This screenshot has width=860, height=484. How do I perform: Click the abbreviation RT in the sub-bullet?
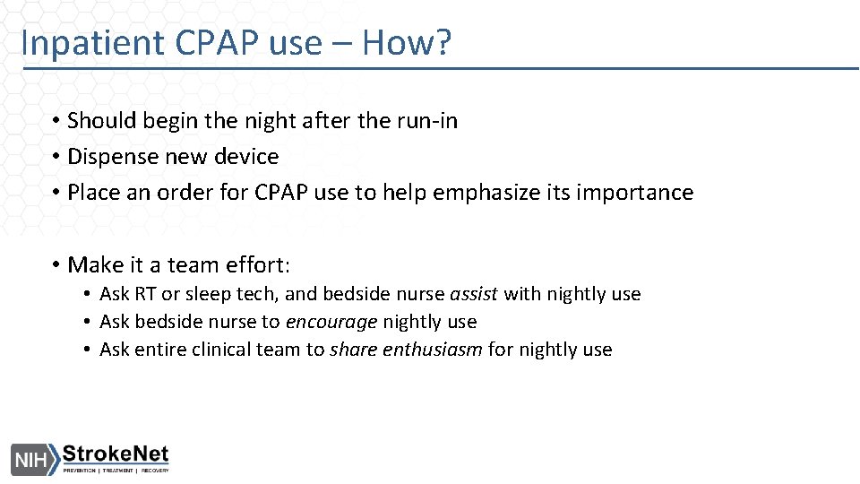point(145,294)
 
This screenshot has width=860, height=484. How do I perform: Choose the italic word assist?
point(474,294)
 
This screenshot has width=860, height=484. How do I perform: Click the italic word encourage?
point(331,322)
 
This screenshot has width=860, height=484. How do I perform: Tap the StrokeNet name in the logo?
point(115,454)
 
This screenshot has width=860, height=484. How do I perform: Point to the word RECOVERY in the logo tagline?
point(152,471)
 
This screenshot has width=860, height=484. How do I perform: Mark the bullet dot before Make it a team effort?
point(56,265)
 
